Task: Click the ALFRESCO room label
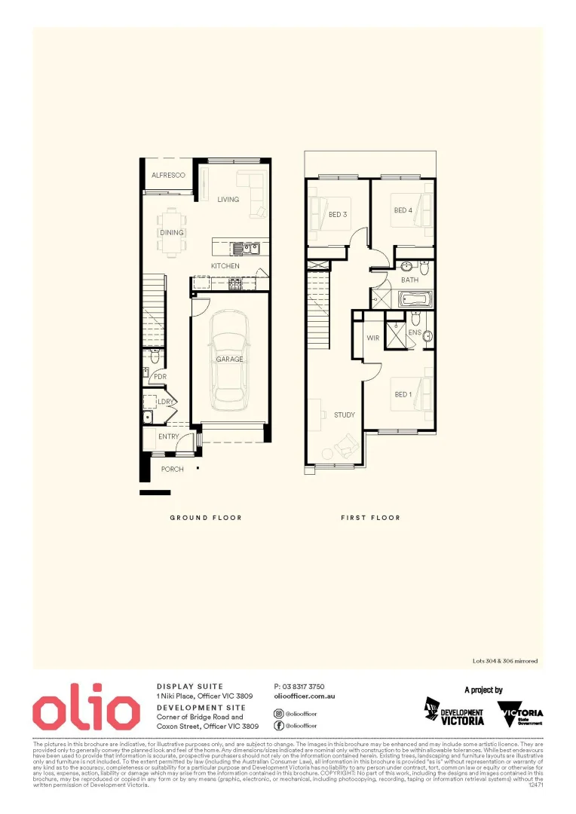pyautogui.click(x=168, y=175)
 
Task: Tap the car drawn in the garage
pyautogui.click(x=230, y=359)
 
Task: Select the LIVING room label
pyautogui.click(x=228, y=200)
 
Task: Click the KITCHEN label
pyautogui.click(x=225, y=266)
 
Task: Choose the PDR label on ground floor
pyautogui.click(x=160, y=377)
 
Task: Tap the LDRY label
pyautogui.click(x=165, y=402)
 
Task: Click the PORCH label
pyautogui.click(x=173, y=469)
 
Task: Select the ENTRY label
pyautogui.click(x=169, y=436)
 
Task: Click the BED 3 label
pyautogui.click(x=339, y=214)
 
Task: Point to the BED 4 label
pyautogui.click(x=403, y=210)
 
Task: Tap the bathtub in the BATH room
pyautogui.click(x=414, y=299)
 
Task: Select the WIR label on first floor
pyautogui.click(x=373, y=338)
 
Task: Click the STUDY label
pyautogui.click(x=345, y=415)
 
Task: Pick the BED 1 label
pyautogui.click(x=403, y=394)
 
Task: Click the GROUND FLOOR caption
pyautogui.click(x=206, y=518)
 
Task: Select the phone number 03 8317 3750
pyautogui.click(x=299, y=687)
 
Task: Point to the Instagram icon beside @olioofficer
pyautogui.click(x=279, y=712)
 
